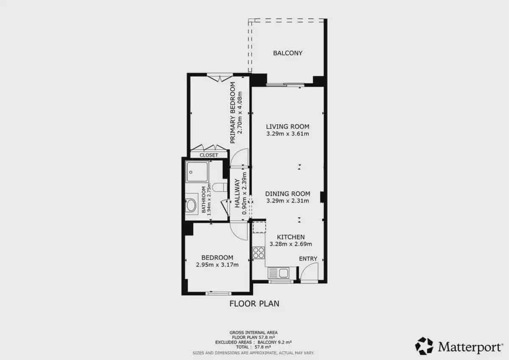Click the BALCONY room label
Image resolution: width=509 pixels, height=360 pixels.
tap(288, 53)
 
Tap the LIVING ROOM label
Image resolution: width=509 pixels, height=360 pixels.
tap(288, 127)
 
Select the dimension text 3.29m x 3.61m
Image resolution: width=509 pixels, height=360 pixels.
tap(288, 134)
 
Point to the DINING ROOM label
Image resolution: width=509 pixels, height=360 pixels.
tap(288, 194)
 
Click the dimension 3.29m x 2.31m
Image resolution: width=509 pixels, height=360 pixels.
tap(288, 201)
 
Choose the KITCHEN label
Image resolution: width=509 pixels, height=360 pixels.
tap(291, 237)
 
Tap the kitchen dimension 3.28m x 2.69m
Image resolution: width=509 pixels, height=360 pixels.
tap(291, 244)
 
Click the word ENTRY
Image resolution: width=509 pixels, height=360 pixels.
tap(308, 259)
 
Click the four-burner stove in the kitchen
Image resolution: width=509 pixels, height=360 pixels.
tap(259, 253)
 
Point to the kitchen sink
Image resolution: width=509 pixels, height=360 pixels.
tap(278, 273)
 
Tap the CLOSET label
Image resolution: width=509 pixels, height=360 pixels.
tap(209, 155)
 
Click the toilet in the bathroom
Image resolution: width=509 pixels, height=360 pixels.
tap(220, 187)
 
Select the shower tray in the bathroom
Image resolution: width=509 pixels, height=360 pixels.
tap(197, 172)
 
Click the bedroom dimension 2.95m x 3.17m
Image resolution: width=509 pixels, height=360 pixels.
tap(217, 265)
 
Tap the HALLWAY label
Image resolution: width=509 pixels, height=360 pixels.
tap(237, 193)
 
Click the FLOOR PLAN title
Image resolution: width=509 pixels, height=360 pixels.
tap(254, 304)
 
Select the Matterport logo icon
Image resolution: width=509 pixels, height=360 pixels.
tap(424, 346)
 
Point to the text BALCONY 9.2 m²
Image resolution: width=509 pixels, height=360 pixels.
tap(274, 342)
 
